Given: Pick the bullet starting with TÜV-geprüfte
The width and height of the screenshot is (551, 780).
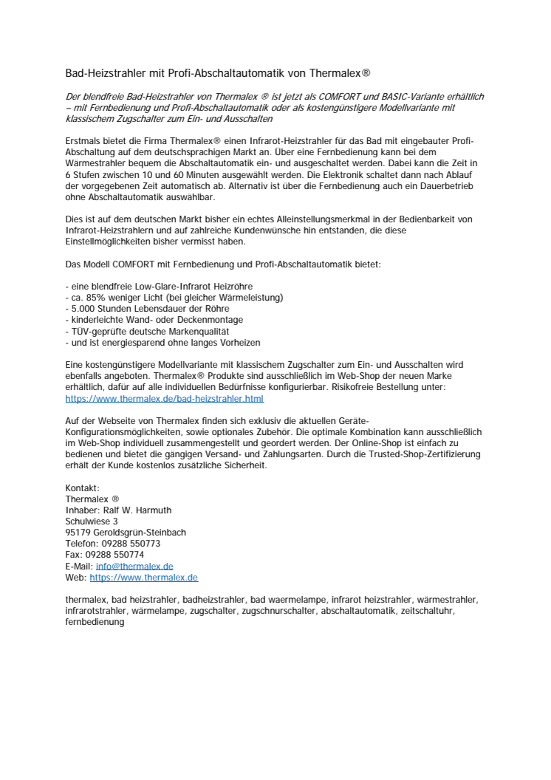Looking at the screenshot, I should pyautogui.click(x=148, y=332).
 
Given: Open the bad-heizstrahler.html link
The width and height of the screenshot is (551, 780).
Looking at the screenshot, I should pyautogui.click(x=164, y=398).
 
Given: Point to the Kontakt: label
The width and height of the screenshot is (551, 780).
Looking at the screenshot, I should pyautogui.click(x=82, y=488).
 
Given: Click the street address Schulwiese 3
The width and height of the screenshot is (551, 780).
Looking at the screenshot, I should pyautogui.click(x=92, y=521).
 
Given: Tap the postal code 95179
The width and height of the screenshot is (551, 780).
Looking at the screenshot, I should pyautogui.click(x=77, y=533).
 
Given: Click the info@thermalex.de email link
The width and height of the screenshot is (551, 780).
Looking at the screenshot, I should pyautogui.click(x=134, y=566).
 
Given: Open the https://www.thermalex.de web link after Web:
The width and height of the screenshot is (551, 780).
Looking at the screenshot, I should pyautogui.click(x=143, y=578).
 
